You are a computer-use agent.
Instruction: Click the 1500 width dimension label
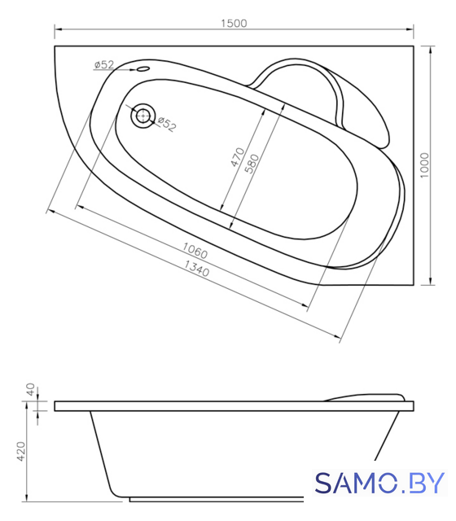coord(234,24)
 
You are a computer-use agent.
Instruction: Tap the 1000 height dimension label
coord(424,165)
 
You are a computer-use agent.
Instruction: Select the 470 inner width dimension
coord(238,157)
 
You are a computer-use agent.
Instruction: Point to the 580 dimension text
coord(252,164)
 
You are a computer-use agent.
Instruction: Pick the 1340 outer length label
coord(197,269)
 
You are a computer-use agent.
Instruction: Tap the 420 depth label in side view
coord(20,451)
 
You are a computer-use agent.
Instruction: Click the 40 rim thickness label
coord(30,389)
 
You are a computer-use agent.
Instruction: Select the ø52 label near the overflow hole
coord(104,64)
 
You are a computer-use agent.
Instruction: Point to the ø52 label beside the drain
coord(167,124)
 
